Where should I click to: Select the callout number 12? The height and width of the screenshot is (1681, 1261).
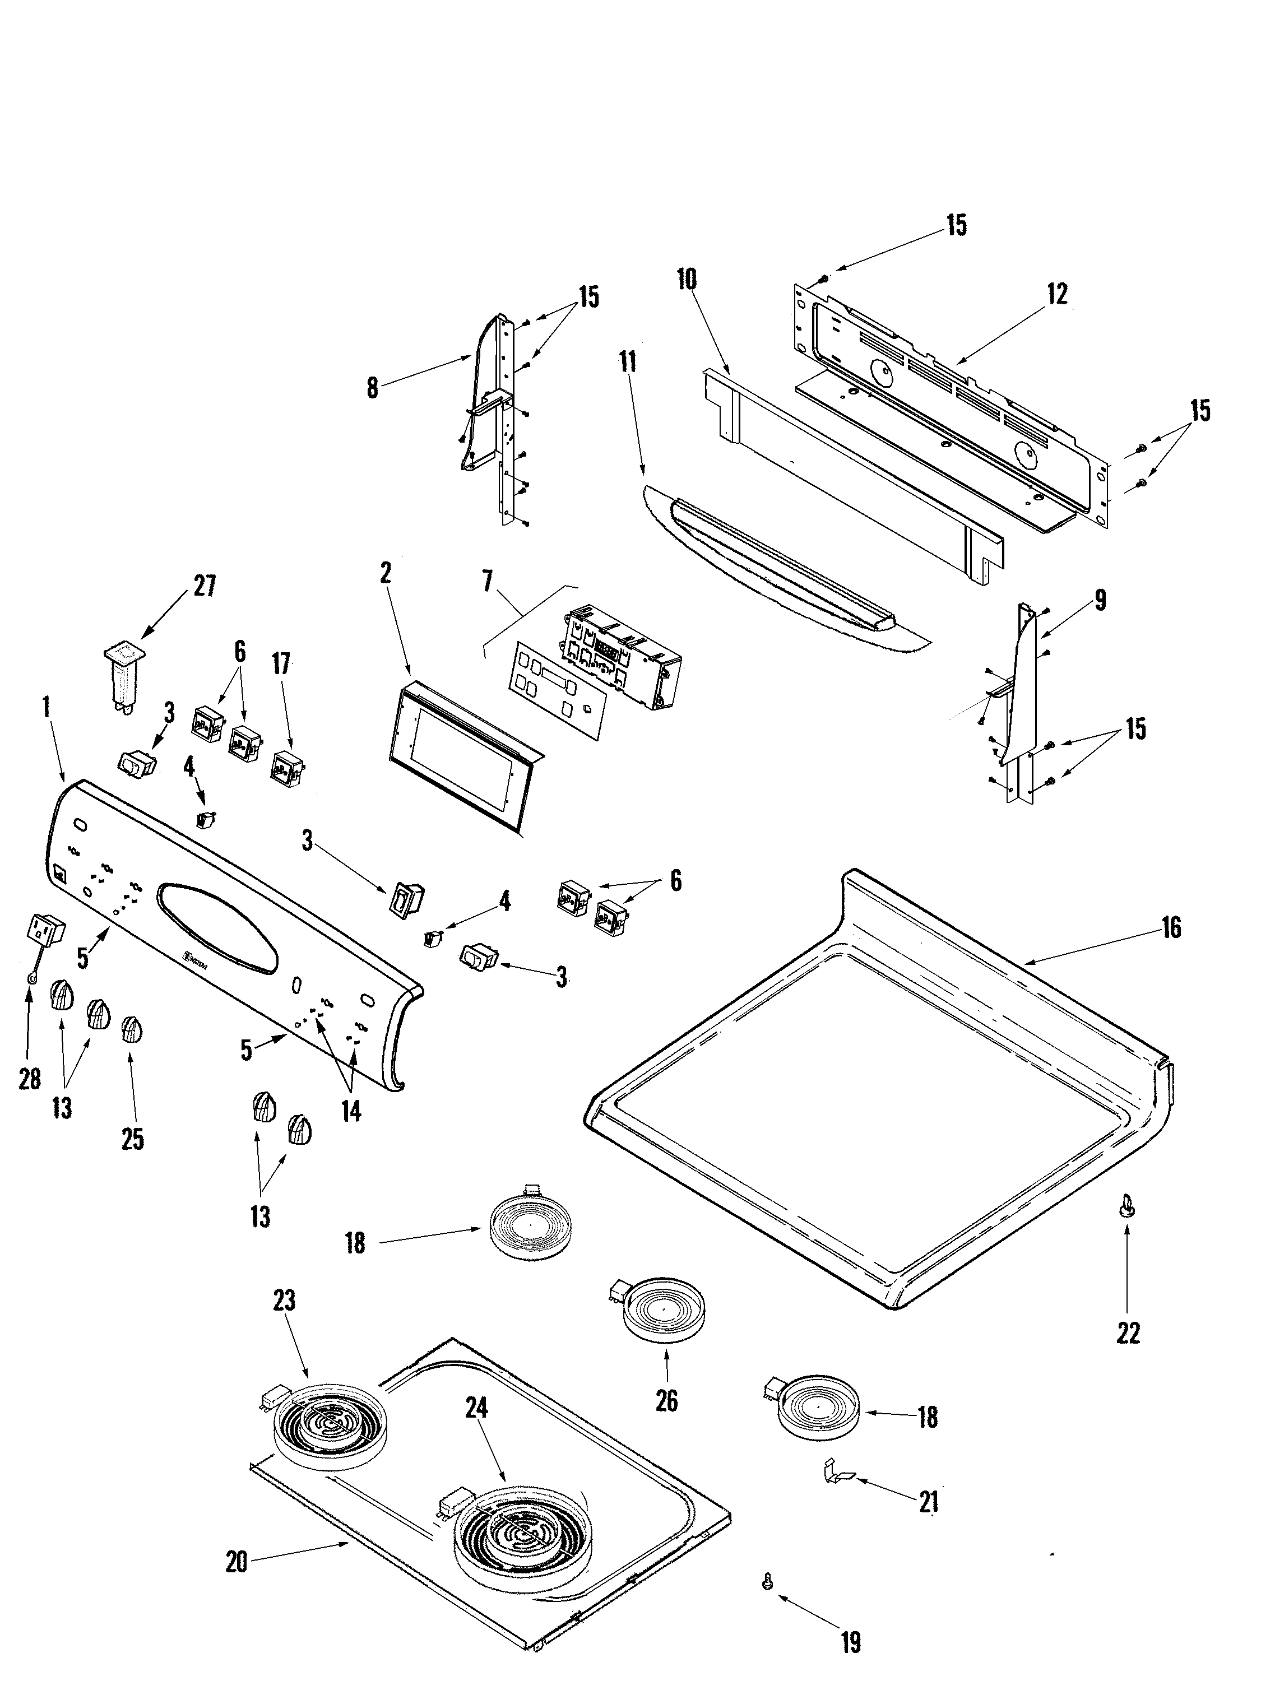tap(1056, 294)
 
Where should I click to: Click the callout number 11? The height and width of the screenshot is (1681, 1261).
tap(627, 362)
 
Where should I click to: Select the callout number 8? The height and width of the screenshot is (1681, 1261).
tap(372, 388)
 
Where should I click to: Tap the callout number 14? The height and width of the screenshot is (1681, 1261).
tap(350, 1112)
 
